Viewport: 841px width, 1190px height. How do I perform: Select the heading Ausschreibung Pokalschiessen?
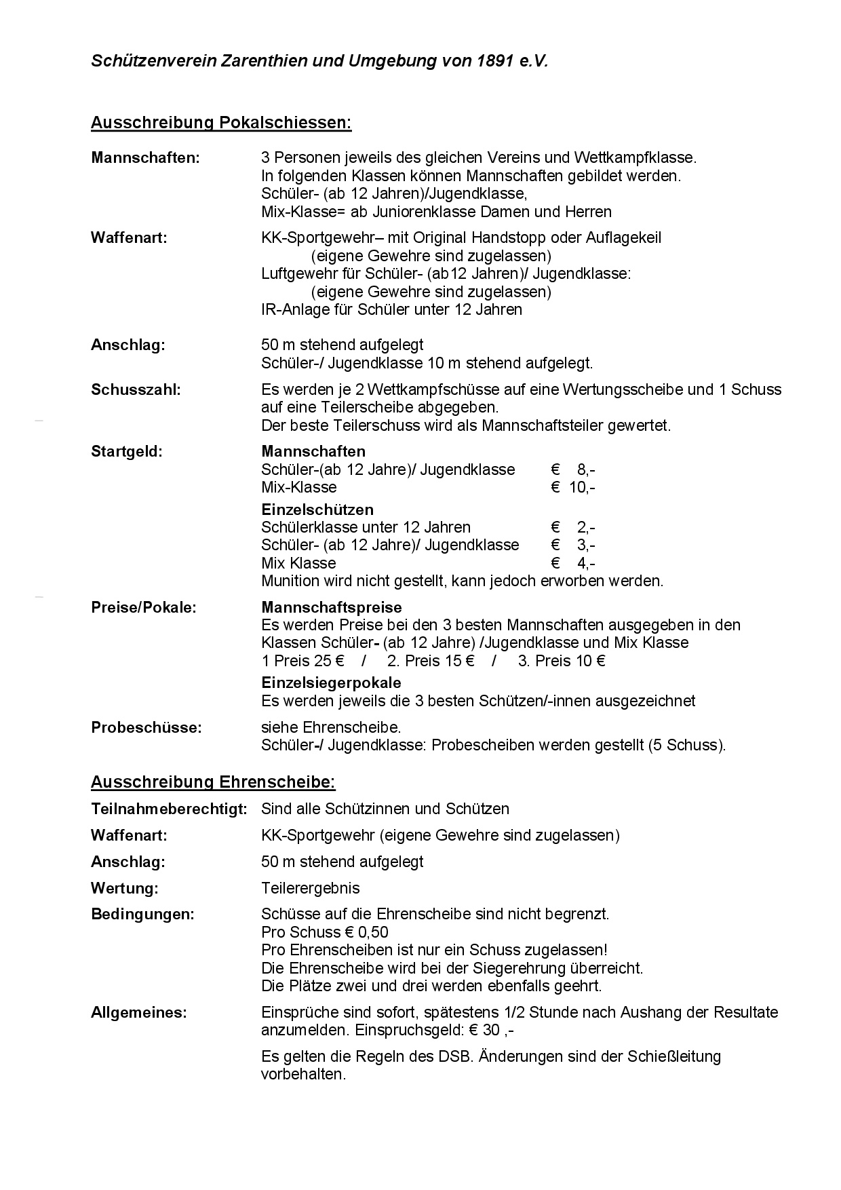point(221,123)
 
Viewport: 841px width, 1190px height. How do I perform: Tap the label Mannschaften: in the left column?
point(145,158)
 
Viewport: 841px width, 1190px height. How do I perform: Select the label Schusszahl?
point(136,390)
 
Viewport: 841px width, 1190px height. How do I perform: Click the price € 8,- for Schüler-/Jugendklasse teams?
point(573,469)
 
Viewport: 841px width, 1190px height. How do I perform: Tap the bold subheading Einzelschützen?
point(317,510)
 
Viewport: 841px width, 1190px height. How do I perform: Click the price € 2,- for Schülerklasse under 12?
point(573,527)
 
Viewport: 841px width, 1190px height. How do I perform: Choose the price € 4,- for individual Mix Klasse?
point(573,563)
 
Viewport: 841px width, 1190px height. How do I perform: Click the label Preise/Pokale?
point(143,608)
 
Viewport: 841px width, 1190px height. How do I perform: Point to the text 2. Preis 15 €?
point(431,661)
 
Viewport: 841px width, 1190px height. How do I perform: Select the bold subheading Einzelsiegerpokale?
point(331,683)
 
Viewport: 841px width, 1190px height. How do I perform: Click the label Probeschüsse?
point(146,728)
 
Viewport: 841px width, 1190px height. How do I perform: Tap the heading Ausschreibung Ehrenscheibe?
point(213,782)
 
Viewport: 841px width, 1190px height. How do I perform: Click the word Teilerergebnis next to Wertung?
point(311,888)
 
